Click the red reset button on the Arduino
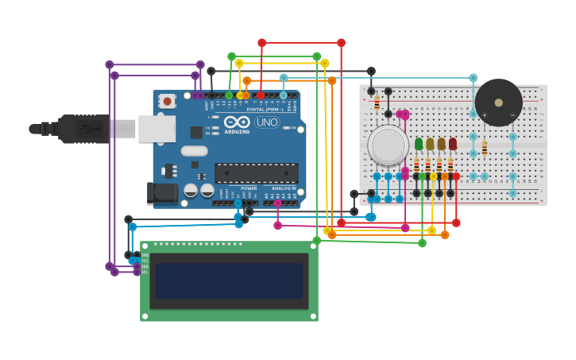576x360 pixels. (167, 100)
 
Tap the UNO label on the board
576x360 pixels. (267, 122)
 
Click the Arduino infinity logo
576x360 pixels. (237, 122)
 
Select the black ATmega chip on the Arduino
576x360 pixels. (256, 172)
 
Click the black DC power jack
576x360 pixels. (162, 193)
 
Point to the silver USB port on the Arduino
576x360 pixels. (157, 128)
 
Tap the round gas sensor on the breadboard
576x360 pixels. (388, 145)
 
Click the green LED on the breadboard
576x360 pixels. (419, 144)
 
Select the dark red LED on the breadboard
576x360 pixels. (453, 144)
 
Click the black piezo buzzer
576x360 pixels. (498, 103)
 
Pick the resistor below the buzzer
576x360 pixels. (485, 148)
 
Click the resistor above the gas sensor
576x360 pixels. (377, 103)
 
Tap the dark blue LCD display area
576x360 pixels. (229, 281)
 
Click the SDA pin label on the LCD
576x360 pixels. (145, 266)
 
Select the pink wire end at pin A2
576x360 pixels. (277, 203)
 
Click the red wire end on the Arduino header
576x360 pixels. (261, 95)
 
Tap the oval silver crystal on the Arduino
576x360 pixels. (194, 150)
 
